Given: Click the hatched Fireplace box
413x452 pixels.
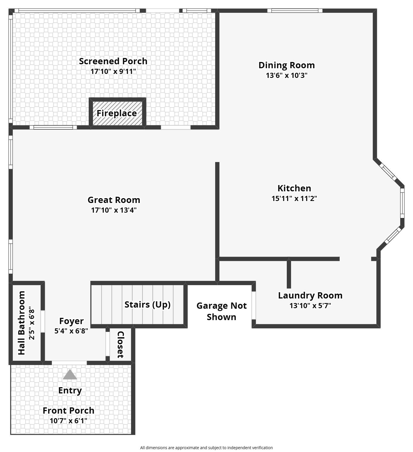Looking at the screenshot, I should click(117, 113).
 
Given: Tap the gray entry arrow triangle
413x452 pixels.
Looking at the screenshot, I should click(70, 375).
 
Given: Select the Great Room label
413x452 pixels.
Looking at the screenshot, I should click(114, 200).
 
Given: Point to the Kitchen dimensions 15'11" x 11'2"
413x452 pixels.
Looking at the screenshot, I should click(294, 198).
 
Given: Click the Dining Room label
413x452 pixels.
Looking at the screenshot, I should click(287, 65).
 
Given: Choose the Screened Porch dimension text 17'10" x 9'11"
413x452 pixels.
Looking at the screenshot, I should click(113, 71).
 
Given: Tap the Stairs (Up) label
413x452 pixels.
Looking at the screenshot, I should click(147, 304).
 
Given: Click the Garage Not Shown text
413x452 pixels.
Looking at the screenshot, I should click(221, 311).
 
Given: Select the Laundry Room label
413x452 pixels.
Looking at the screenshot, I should click(310, 295).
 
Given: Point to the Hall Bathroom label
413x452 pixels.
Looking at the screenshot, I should click(22, 323).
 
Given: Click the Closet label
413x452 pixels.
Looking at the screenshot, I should click(121, 344).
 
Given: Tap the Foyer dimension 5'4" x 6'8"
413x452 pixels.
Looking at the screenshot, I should click(71, 331).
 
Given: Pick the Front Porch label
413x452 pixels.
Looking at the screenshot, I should click(69, 410).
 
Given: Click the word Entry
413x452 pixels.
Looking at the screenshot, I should click(70, 390).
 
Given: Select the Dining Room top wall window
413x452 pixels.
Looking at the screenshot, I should click(295, 11).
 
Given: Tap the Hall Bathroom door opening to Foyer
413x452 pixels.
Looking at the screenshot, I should click(43, 321).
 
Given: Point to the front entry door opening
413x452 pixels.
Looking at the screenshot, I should click(69, 363).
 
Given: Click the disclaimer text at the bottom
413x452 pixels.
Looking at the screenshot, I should click(206, 448).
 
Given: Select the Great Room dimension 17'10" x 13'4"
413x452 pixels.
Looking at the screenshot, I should click(114, 210).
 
